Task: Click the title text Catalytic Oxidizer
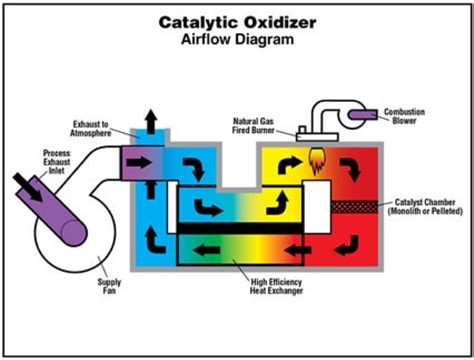[x=236, y=21]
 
